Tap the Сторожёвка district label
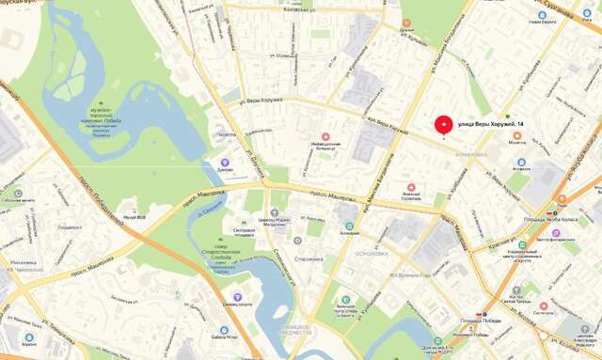(x=309, y=258)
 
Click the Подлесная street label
(x=70, y=227)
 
